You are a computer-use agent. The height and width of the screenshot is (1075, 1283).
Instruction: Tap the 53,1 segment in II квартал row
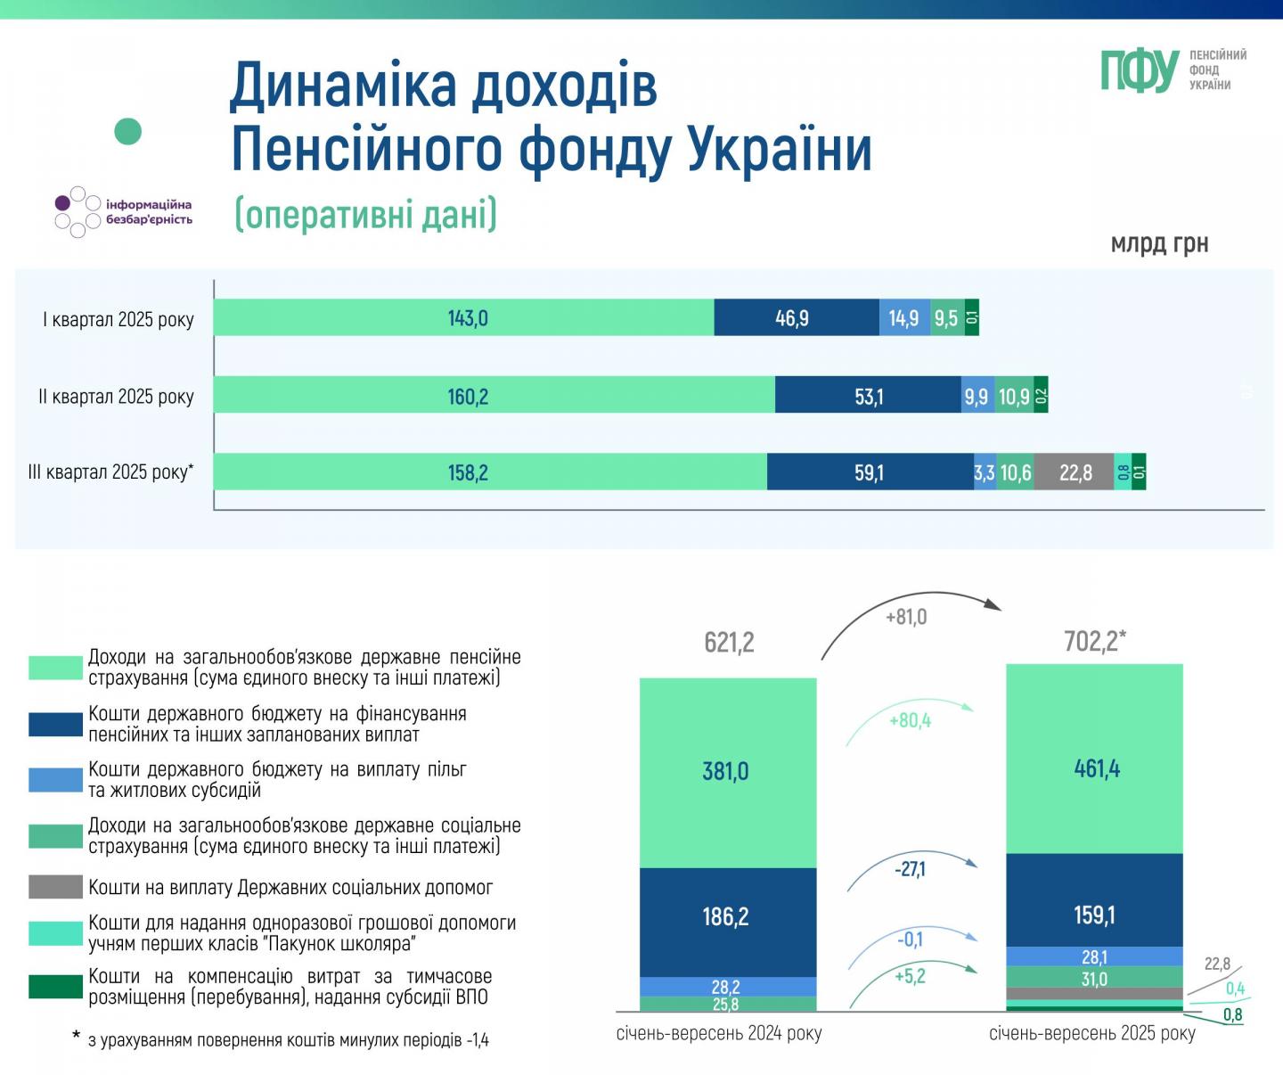pyautogui.click(x=868, y=396)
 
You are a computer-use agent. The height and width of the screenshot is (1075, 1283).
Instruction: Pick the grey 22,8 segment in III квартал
pyautogui.click(x=1075, y=472)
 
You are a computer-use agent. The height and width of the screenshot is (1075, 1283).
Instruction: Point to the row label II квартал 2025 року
pyautogui.click(x=116, y=397)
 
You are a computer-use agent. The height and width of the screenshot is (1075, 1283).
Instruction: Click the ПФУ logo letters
pyautogui.click(x=1140, y=70)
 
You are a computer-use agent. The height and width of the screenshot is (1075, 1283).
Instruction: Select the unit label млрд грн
pyautogui.click(x=1159, y=243)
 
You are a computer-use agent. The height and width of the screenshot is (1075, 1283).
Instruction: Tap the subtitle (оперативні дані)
pyautogui.click(x=366, y=214)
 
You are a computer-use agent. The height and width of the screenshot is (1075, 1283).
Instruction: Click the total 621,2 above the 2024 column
pyautogui.click(x=729, y=642)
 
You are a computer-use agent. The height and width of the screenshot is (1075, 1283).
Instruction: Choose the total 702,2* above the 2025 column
pyautogui.click(x=1095, y=641)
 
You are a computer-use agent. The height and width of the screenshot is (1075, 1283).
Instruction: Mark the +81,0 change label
pyautogui.click(x=906, y=617)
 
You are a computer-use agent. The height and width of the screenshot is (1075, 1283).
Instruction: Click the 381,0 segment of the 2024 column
pyautogui.click(x=726, y=772)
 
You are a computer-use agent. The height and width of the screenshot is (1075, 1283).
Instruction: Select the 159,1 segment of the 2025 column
pyautogui.click(x=1094, y=915)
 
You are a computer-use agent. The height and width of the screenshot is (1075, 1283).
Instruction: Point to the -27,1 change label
pyautogui.click(x=910, y=869)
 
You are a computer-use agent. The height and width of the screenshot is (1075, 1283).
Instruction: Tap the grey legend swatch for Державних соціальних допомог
pyautogui.click(x=55, y=887)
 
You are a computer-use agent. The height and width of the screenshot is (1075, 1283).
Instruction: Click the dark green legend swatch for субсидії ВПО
pyautogui.click(x=55, y=987)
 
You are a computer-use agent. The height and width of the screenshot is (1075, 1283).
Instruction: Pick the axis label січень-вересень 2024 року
pyautogui.click(x=719, y=1033)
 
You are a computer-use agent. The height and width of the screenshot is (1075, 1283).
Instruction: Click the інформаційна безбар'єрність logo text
pyautogui.click(x=148, y=212)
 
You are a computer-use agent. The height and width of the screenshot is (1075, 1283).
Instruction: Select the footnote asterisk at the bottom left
pyautogui.click(x=77, y=1037)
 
